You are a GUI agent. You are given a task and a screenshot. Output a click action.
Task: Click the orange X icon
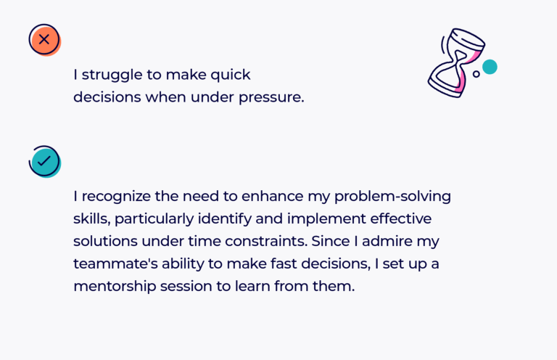pyautogui.click(x=44, y=39)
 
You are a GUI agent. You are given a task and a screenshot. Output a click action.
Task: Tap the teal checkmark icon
pyautogui.click(x=44, y=161)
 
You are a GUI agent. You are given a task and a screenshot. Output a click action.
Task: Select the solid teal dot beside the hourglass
pyautogui.click(x=490, y=67)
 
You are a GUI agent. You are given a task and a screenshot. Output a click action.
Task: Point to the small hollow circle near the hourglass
pyautogui.click(x=476, y=74)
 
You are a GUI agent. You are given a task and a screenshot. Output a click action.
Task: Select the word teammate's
pyautogui.click(x=117, y=263)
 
